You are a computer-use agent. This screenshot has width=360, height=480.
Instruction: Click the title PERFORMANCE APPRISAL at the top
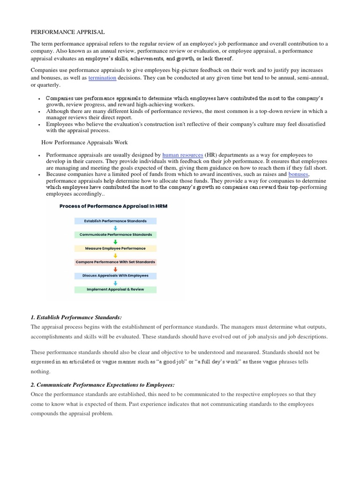click(x=67, y=32)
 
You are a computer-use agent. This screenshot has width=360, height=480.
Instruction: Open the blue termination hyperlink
click(x=102, y=78)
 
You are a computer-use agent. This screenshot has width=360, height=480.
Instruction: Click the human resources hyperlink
click(x=182, y=155)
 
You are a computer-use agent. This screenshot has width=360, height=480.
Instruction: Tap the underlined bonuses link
click(x=299, y=174)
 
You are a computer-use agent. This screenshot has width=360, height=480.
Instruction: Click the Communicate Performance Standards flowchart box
click(x=115, y=234)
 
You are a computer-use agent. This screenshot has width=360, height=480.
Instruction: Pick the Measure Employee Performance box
click(x=115, y=248)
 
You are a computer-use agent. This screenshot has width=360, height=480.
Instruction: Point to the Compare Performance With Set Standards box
click(x=115, y=262)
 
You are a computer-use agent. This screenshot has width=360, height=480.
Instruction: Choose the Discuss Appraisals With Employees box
click(x=115, y=276)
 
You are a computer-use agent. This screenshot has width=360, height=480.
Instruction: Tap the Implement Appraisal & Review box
click(x=115, y=289)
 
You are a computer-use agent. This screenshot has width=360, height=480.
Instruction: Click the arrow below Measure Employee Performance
click(x=115, y=255)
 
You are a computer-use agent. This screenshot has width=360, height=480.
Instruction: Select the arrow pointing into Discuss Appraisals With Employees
click(x=115, y=269)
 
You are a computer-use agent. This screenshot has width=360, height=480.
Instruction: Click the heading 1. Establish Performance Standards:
click(x=76, y=318)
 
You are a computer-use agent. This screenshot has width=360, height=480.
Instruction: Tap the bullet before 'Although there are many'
click(x=37, y=112)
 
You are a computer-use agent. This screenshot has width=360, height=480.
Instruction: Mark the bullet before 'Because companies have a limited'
click(x=37, y=174)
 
